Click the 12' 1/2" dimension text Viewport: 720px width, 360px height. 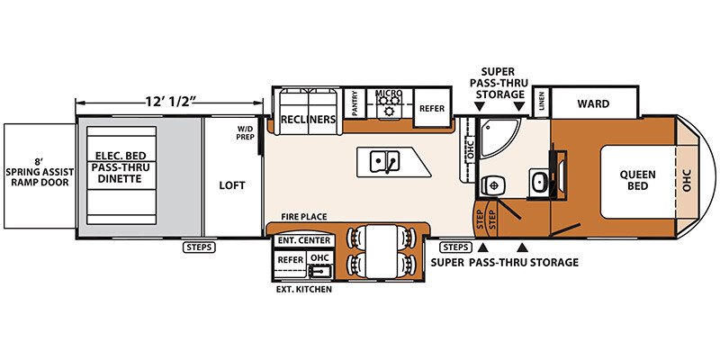click(x=168, y=102)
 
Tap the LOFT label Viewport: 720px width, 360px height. click(x=232, y=185)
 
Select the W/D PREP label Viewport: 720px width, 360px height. click(x=245, y=132)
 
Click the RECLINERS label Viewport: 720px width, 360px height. click(x=308, y=119)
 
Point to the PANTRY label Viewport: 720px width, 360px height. click(x=355, y=104)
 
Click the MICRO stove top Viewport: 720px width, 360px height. click(x=390, y=104)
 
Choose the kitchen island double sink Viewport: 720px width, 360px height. click(x=385, y=162)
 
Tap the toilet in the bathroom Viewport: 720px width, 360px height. click(x=492, y=185)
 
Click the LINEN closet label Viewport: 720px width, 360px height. click(x=542, y=102)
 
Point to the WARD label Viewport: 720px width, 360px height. click(x=593, y=103)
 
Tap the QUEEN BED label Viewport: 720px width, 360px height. click(x=638, y=180)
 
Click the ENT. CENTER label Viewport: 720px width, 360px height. click(x=303, y=240)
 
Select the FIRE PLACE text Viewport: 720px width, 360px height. click(x=304, y=216)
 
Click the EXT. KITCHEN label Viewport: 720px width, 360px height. click(x=303, y=289)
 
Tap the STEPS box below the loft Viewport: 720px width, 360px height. click(x=199, y=247)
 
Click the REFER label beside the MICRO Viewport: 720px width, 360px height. click(x=432, y=108)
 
